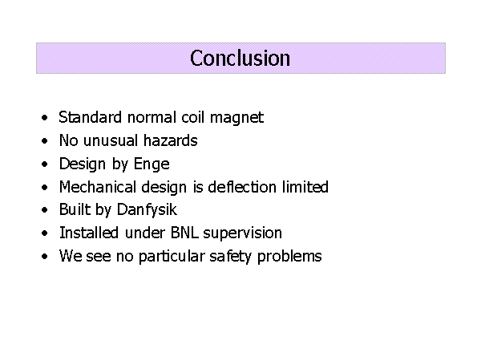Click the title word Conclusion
(240, 58)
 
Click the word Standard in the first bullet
(90, 117)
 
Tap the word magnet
(236, 118)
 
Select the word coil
(192, 117)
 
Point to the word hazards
(170, 140)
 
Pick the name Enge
(152, 164)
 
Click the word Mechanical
(98, 187)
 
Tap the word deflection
(242, 187)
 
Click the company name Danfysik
(147, 210)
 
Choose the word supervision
(242, 233)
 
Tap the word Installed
(89, 233)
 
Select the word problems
(289, 257)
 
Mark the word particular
(172, 257)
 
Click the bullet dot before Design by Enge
(45, 164)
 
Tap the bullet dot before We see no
(45, 256)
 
